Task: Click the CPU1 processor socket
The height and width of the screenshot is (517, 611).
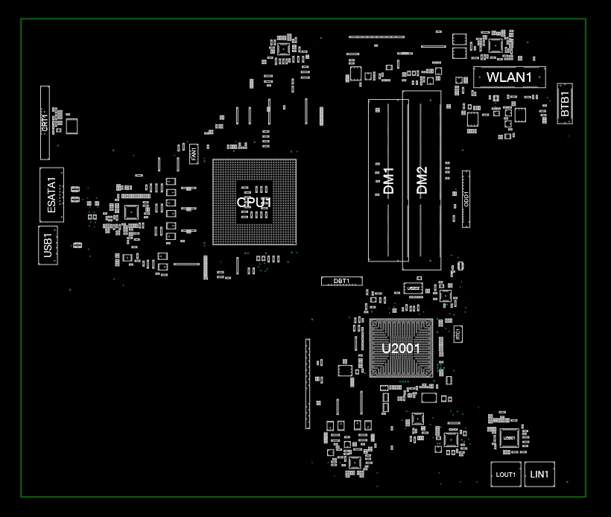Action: [254, 202]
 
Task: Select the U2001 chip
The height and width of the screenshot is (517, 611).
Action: [401, 348]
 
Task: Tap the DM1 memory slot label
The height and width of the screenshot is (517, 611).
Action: [388, 181]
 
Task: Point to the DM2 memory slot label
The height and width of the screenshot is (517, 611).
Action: [422, 181]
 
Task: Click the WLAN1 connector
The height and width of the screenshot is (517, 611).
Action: [509, 77]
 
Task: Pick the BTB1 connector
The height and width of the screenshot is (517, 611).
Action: [565, 103]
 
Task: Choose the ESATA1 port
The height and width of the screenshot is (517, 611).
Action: [51, 194]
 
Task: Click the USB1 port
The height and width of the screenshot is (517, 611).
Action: [47, 246]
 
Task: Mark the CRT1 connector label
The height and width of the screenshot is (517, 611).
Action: [45, 123]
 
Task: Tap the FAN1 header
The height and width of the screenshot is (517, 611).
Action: [194, 154]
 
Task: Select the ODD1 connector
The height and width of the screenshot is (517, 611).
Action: [466, 199]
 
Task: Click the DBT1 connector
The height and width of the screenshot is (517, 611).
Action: [341, 281]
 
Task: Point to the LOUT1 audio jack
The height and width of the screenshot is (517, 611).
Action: [506, 475]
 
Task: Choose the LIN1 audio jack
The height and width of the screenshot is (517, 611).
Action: [539, 474]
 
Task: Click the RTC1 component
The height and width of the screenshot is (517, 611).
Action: [458, 333]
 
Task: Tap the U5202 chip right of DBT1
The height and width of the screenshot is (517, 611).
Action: [413, 288]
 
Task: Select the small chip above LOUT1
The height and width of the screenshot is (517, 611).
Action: [509, 438]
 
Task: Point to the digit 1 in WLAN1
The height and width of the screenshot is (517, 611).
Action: [528, 77]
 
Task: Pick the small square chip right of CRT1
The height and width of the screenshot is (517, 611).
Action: [72, 125]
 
